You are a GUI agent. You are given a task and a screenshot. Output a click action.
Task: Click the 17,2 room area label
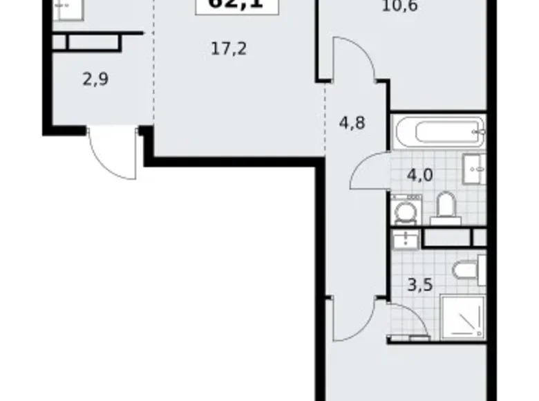point(229,49)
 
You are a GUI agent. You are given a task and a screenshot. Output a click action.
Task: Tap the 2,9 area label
point(95,78)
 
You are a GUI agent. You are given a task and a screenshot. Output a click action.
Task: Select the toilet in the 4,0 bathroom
point(446,207)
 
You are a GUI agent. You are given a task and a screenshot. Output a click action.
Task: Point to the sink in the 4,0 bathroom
point(475,168)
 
